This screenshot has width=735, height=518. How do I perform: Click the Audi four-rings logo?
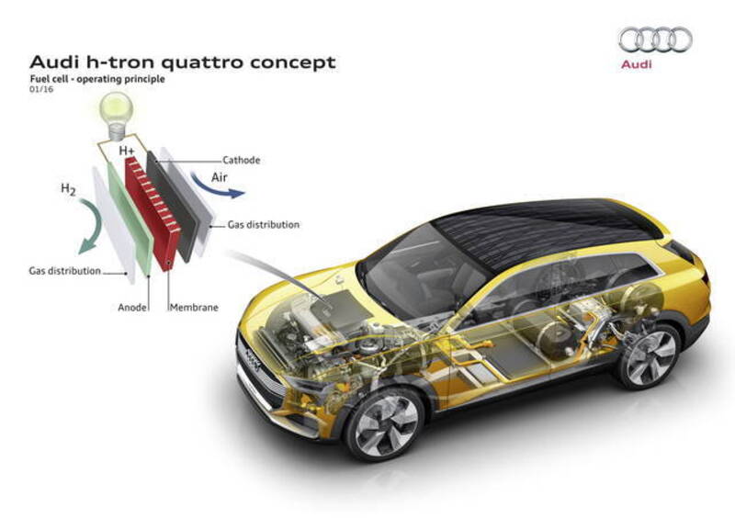[654, 39]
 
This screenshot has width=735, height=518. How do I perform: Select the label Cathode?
[242, 160]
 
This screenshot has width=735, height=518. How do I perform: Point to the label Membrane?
[194, 308]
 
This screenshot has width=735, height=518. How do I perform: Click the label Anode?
[133, 308]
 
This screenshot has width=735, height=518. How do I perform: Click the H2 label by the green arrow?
[68, 189]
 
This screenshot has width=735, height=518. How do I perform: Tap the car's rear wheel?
[650, 354]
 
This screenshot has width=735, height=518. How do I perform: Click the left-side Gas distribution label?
[64, 272]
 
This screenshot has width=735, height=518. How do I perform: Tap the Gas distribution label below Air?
[265, 224]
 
